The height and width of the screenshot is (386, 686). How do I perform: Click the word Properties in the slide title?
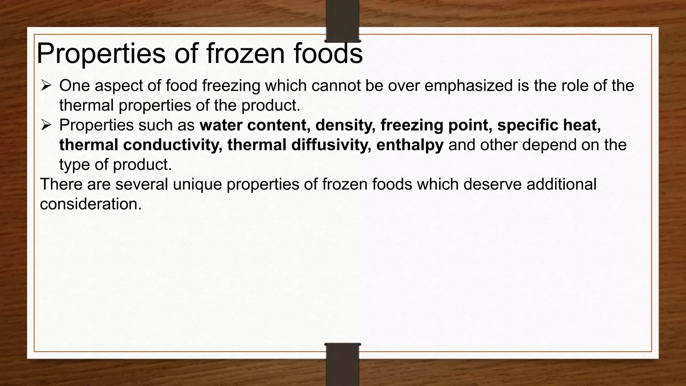(101, 54)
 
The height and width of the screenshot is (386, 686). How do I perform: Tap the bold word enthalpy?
(410, 145)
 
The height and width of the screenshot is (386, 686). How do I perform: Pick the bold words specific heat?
(549, 125)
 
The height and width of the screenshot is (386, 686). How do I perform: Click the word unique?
(197, 185)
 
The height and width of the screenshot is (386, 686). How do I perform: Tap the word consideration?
(91, 204)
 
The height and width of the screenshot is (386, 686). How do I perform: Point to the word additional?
(561, 185)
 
